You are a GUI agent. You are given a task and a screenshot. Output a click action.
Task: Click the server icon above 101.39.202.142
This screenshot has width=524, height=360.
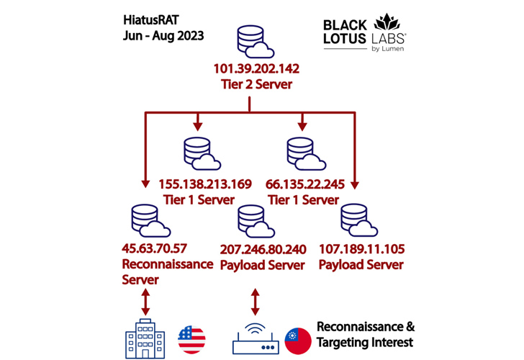pos(253,44)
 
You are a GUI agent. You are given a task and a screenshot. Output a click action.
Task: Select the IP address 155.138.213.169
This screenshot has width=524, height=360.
pos(205,184)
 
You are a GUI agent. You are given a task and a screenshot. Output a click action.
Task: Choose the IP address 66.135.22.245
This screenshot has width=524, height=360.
pos(304,184)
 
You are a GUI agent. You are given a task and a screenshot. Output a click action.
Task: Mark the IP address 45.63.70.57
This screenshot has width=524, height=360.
pos(155,249)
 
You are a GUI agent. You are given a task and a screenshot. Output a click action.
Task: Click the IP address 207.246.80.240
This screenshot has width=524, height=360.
pos(263,249)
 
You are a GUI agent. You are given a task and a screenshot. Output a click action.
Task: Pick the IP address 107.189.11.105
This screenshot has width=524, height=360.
pos(361,249)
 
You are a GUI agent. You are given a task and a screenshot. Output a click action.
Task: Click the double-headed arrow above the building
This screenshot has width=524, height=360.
pos(146,302)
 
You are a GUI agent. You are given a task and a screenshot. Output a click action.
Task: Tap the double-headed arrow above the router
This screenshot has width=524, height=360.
pos(254,302)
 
